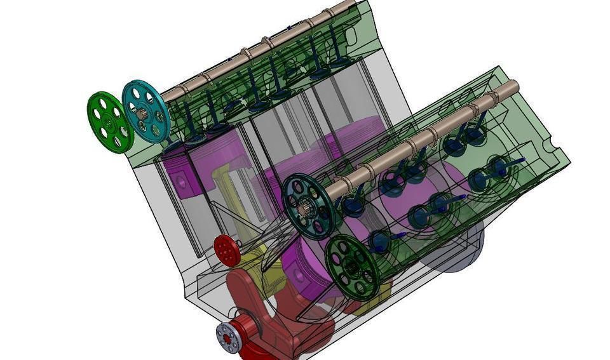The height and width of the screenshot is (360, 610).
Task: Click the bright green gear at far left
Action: point(109,123)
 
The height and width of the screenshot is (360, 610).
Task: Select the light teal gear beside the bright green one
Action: point(146,111)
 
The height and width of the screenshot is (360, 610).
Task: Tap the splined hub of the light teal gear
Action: point(142,116)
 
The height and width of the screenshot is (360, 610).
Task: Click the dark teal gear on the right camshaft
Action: point(308,206)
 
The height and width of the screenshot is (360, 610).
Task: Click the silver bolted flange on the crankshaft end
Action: point(227,337)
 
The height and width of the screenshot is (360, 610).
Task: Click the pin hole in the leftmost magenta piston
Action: point(182,182)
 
